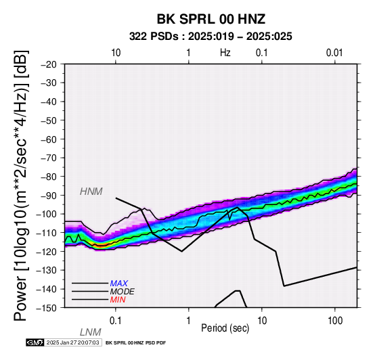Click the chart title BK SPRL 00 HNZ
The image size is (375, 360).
(x=211, y=19)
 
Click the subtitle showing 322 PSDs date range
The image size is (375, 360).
(x=211, y=37)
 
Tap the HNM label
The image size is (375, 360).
(x=91, y=192)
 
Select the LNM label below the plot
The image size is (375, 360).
(x=91, y=332)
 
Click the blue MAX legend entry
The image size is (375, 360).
(x=119, y=284)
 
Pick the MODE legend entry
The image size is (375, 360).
(x=123, y=292)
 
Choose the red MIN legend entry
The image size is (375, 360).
(x=118, y=300)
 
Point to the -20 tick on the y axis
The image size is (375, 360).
(x=49, y=64)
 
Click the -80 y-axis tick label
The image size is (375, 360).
(x=49, y=177)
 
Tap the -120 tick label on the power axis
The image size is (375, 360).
(x=47, y=252)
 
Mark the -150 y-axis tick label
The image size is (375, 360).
(x=47, y=308)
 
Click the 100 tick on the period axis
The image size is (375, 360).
(x=335, y=321)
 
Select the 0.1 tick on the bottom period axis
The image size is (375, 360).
(x=116, y=321)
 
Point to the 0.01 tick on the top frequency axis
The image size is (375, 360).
(x=334, y=53)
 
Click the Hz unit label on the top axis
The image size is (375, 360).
(x=225, y=53)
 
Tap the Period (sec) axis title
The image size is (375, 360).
(x=225, y=328)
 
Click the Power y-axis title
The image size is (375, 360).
(x=21, y=185)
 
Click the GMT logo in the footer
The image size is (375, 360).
(x=35, y=342)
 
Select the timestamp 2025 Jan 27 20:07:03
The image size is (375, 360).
(x=72, y=342)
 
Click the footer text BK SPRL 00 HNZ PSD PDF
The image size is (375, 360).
(x=135, y=343)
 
